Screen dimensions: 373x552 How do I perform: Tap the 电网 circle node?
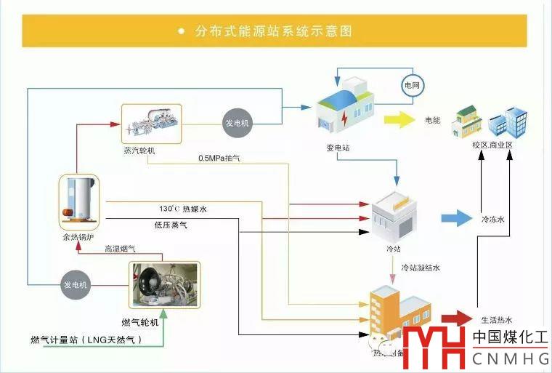(x=411, y=86)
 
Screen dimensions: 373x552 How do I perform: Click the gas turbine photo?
(x=163, y=284)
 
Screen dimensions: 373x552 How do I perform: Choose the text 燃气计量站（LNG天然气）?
(x=86, y=340)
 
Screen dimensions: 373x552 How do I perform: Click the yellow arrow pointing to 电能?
(x=398, y=120)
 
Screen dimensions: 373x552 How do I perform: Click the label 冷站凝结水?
(x=421, y=268)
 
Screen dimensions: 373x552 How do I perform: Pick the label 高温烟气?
(x=119, y=249)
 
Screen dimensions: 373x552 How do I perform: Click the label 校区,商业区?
(x=492, y=145)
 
